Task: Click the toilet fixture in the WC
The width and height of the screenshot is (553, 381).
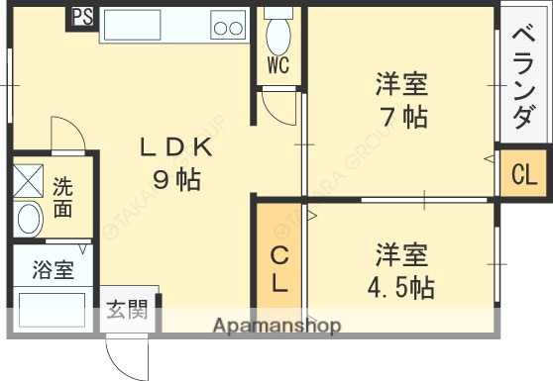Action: pos(277,35)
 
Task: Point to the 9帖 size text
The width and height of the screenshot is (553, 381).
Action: pos(176,180)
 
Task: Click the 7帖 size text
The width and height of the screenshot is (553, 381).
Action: pos(401,116)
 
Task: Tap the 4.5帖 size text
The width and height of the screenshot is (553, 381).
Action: pos(401,287)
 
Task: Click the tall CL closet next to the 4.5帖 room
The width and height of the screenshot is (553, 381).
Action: pos(280,268)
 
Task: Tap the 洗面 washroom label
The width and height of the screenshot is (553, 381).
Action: pos(62,197)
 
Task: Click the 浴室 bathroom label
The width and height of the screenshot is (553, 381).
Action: pos(54,270)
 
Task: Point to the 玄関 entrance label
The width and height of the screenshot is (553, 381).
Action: pos(128,311)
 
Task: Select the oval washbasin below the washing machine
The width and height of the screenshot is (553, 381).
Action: pos(29,219)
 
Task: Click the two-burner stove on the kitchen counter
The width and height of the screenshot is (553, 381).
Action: pos(230,27)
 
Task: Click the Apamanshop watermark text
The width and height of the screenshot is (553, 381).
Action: pos(276,325)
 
